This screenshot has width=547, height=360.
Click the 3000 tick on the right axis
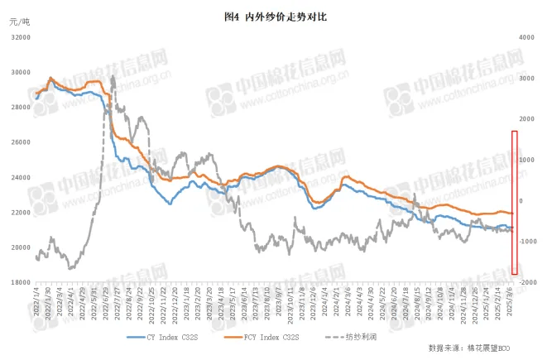[x=526, y=78]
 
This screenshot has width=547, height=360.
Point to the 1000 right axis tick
[x=526, y=160]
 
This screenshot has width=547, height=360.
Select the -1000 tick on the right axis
[x=525, y=241]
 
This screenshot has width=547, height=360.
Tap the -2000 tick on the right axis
[x=525, y=282]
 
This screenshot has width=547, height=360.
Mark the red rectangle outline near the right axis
[x=515, y=202]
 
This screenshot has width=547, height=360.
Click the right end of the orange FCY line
[x=513, y=214]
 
